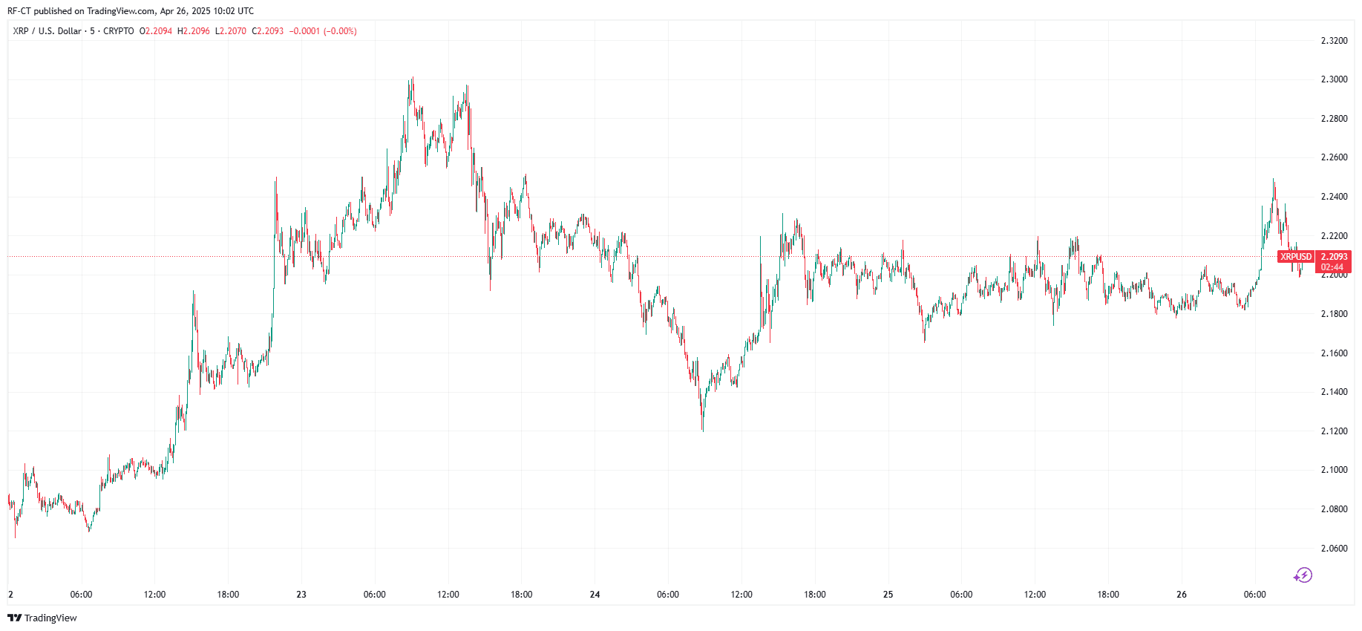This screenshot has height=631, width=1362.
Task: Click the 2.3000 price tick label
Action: (x=1334, y=79)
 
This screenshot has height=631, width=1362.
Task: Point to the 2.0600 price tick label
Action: (x=1334, y=549)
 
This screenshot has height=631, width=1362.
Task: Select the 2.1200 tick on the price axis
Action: (x=1334, y=431)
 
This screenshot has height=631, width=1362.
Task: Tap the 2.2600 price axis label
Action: (x=1334, y=157)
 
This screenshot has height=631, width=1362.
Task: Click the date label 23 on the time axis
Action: (x=301, y=595)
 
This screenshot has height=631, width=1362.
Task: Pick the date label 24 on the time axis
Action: (x=595, y=595)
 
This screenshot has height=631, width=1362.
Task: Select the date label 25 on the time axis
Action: (x=888, y=595)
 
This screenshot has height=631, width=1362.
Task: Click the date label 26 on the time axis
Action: (x=1182, y=595)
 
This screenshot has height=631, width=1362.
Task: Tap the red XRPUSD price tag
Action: (x=1295, y=257)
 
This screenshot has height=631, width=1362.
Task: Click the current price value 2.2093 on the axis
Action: (x=1334, y=257)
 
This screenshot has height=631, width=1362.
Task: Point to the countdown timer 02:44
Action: (x=1332, y=267)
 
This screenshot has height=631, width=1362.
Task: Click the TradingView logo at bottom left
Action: (x=42, y=618)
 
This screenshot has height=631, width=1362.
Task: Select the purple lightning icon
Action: (x=1303, y=575)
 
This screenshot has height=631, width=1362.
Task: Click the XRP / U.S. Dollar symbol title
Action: (x=48, y=31)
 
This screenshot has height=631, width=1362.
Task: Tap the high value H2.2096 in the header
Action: (x=193, y=31)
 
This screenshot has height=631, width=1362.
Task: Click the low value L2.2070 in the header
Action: (x=230, y=31)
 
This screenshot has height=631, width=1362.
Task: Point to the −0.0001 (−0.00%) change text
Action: (x=323, y=31)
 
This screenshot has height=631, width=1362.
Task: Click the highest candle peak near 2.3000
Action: (x=412, y=77)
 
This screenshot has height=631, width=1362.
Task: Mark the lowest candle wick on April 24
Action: (x=702, y=430)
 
